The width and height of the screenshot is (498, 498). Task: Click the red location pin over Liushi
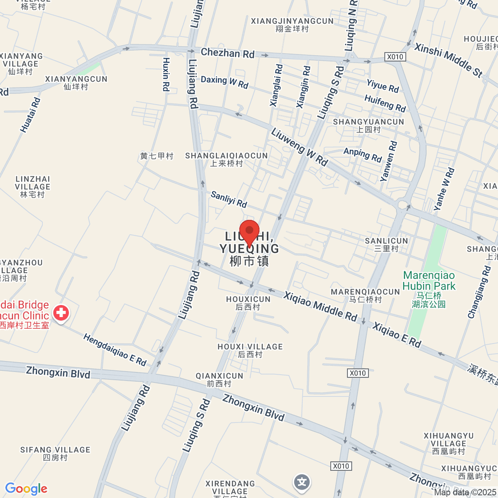(249, 232)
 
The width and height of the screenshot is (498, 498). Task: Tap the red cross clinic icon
(61, 313)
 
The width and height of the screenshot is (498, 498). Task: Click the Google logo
(26, 489)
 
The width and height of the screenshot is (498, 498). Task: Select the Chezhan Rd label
(227, 53)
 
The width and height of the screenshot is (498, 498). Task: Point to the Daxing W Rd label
(225, 82)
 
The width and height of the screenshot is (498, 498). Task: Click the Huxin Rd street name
(166, 74)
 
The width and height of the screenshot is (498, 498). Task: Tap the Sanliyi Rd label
(229, 199)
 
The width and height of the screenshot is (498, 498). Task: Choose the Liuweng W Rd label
(299, 147)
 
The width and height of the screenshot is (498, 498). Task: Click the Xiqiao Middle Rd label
(320, 306)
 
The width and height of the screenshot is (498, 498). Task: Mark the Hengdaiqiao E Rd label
(115, 350)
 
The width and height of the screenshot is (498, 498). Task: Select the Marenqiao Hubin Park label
(429, 281)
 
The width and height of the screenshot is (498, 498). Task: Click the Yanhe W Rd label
(444, 189)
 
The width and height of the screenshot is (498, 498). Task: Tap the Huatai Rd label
(30, 115)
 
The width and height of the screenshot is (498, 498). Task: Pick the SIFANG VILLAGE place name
(55, 453)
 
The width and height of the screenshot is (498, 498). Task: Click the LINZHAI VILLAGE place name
(32, 186)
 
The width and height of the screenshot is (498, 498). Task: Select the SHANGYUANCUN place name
(369, 125)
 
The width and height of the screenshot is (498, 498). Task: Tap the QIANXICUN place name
(219, 379)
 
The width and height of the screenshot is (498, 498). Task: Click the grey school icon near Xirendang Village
(302, 482)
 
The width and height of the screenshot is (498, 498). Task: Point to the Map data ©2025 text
(465, 492)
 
